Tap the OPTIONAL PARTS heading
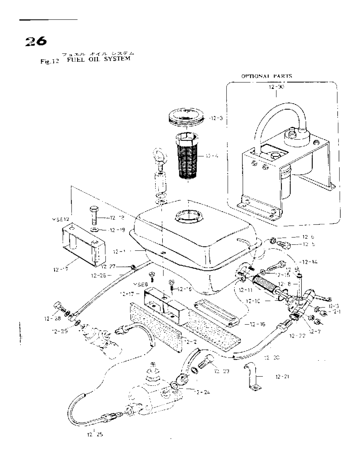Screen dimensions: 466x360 [x=266, y=76]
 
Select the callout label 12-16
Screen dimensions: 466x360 [x=256, y=324]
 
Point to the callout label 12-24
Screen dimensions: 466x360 [x=202, y=393]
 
